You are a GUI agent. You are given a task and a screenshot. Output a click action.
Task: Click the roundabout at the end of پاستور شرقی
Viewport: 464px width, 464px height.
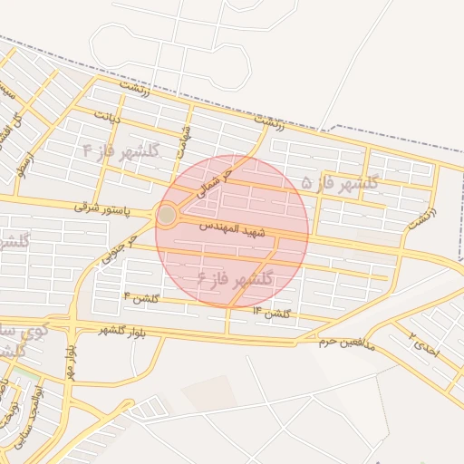[x=167, y=215]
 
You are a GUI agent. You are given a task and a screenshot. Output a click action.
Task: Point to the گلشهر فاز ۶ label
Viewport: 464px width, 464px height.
[x=234, y=276]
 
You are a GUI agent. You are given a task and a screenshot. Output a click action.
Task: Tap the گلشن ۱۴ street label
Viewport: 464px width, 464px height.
[x=271, y=313]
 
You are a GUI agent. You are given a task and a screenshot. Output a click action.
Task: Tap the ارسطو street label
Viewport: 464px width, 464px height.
[x=23, y=164]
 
